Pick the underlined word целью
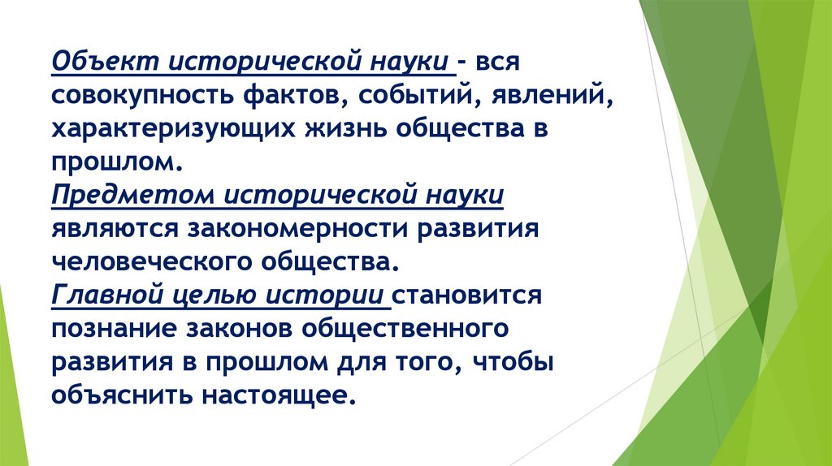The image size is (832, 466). coord(210,296)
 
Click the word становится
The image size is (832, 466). coord(469,296)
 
